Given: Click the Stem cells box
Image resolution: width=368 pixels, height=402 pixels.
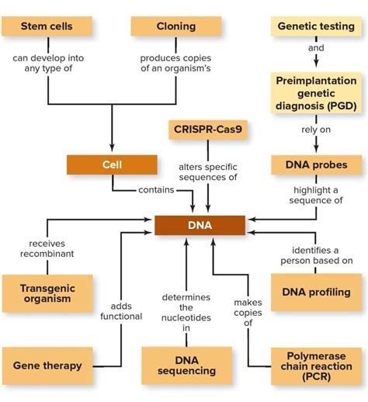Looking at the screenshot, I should tap(48, 26).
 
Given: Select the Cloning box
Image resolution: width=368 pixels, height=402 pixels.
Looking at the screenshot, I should tap(175, 26).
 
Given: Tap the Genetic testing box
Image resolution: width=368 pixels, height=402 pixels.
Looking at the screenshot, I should tap(315, 26).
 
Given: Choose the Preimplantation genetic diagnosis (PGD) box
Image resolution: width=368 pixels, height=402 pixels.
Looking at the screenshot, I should tap(315, 92).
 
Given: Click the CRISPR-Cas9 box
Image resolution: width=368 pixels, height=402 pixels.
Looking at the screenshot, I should tap(207, 129).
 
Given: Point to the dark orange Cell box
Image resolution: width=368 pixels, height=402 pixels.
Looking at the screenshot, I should tap(112, 165).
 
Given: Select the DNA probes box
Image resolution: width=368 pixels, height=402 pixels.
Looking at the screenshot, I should tap(315, 165).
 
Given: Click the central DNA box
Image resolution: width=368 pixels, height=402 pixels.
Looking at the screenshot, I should tap(200, 226).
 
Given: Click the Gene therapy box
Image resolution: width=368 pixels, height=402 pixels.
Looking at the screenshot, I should tap(48, 365).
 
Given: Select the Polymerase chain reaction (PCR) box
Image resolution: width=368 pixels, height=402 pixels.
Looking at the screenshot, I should tap(315, 365).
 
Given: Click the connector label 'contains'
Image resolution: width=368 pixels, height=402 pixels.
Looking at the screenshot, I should tap(156, 189).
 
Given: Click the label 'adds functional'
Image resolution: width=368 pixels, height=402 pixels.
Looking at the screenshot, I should tap(121, 310).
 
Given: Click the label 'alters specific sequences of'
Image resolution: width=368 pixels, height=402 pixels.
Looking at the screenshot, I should tap(207, 172).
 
